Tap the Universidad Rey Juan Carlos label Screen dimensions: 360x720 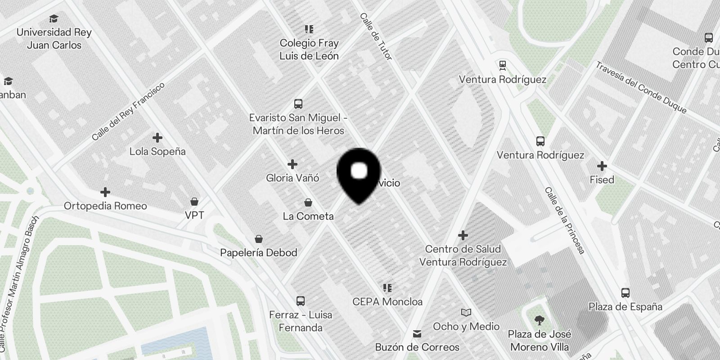click(54, 39)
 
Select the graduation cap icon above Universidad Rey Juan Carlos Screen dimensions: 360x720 click(54, 18)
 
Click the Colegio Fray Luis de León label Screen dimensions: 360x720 click(309, 49)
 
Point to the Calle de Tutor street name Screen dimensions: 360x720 click(376, 36)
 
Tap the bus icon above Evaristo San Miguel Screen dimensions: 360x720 click(298, 104)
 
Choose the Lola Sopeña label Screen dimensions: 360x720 click(157, 152)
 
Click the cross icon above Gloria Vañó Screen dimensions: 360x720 click(292, 164)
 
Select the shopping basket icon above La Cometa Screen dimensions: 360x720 click(308, 202)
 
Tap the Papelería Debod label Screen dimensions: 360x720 click(258, 252)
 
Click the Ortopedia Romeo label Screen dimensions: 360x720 click(105, 206)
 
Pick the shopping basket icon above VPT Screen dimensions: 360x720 click(194, 201)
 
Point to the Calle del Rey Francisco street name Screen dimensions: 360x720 click(128, 111)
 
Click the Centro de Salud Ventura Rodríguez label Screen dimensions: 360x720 click(463, 256)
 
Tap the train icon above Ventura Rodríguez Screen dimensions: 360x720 click(503, 66)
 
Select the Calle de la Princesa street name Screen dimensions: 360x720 click(564, 220)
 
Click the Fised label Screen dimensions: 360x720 click(602, 180)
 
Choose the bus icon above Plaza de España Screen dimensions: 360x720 click(625, 293)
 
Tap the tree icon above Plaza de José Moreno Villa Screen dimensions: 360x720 click(539, 320)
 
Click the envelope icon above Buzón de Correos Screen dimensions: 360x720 click(417, 334)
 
